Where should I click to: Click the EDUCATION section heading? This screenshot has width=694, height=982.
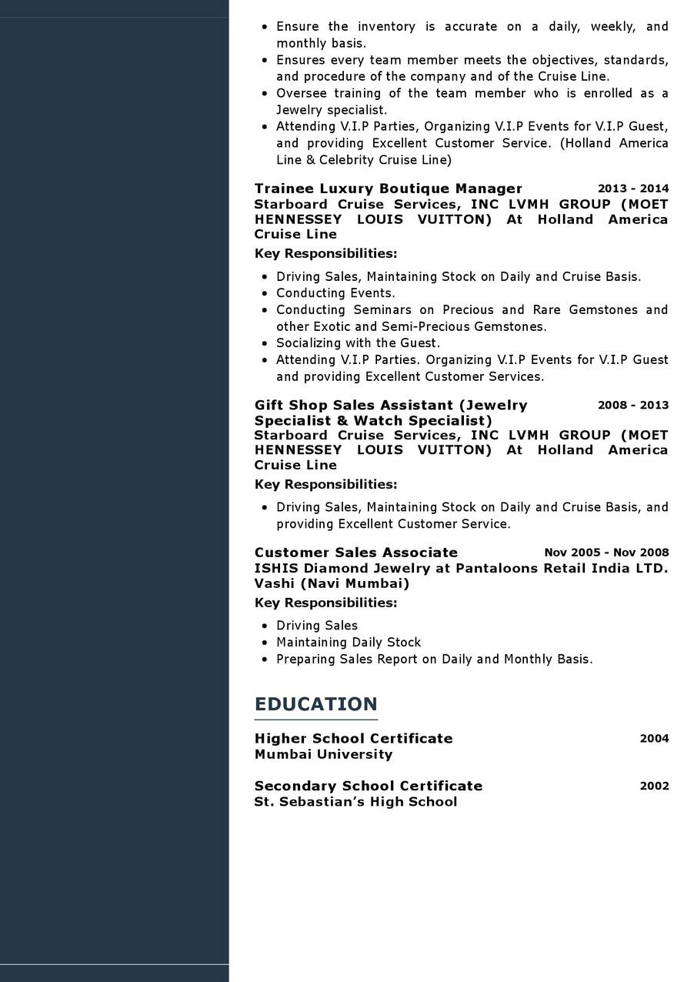point(315,704)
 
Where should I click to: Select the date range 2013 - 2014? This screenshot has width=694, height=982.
point(633,189)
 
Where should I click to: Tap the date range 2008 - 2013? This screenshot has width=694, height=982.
point(633,405)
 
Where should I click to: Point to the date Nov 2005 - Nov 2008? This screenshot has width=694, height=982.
point(606,553)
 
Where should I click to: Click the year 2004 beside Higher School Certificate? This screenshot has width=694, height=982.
point(654,739)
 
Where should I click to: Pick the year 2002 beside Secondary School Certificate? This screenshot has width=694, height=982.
point(654,786)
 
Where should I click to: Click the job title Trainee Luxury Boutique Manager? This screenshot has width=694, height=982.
point(388,189)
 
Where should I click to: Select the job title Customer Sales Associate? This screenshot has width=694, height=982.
point(355,553)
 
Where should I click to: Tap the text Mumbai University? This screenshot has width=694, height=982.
point(323,754)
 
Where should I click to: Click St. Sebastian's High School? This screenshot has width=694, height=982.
point(355,802)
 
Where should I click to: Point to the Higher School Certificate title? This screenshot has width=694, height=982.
point(353,739)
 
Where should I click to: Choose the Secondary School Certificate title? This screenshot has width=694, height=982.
point(368,786)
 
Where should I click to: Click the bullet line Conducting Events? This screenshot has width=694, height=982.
point(335,293)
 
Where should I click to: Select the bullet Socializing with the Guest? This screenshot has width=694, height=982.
point(358,343)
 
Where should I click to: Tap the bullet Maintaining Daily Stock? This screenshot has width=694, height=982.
point(349,643)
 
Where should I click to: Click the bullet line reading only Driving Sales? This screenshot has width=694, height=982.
point(317,626)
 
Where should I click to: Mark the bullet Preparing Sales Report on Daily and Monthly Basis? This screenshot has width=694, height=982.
point(434,660)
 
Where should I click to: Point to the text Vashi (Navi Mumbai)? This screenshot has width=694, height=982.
point(332,583)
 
